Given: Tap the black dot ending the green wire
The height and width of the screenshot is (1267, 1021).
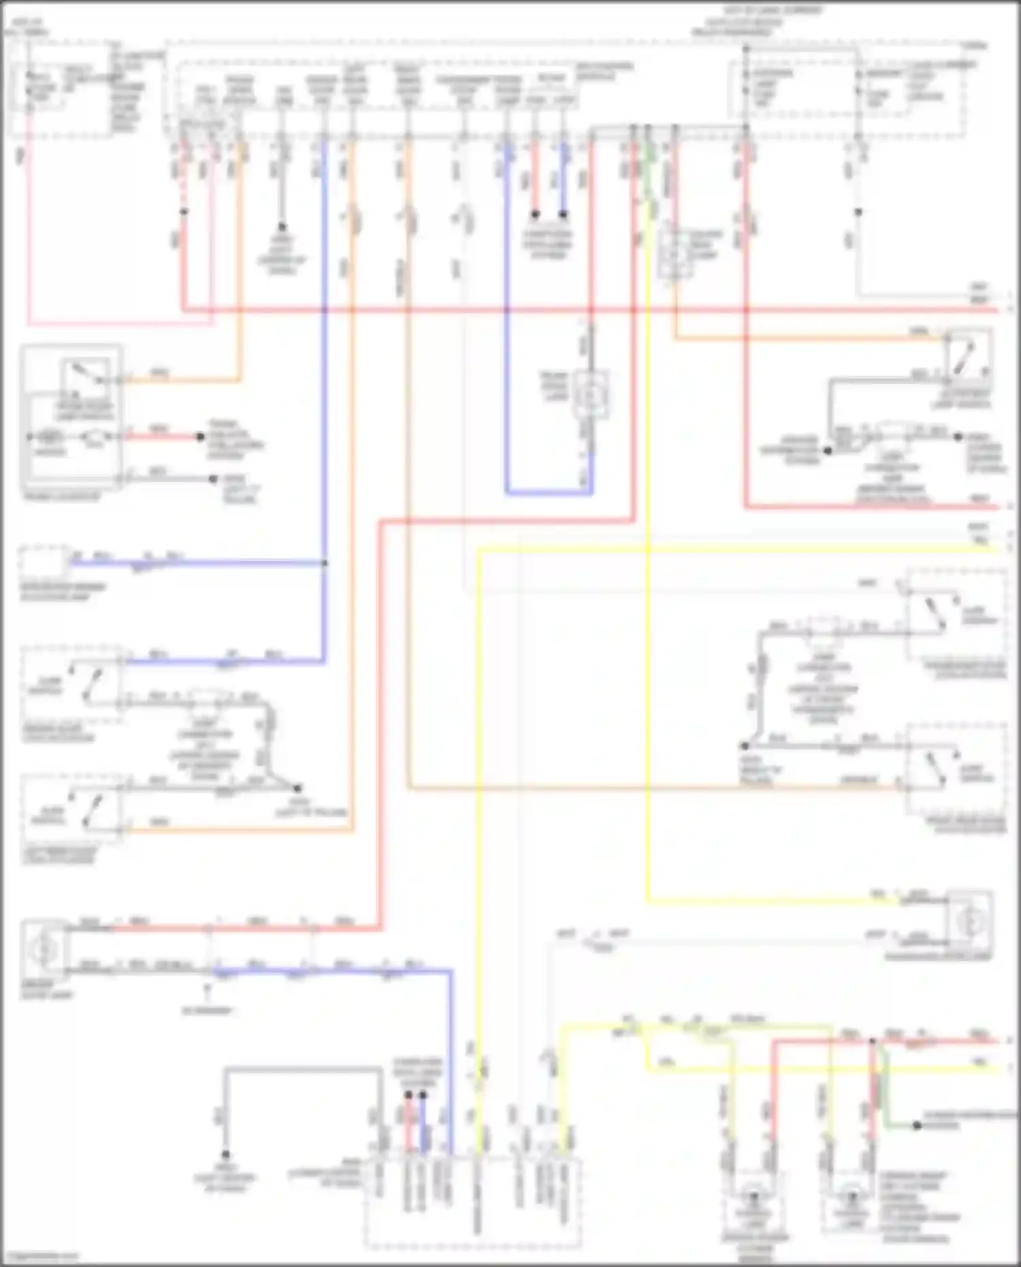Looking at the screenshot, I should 916,1125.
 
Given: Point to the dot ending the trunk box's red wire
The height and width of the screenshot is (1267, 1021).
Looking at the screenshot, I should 200,436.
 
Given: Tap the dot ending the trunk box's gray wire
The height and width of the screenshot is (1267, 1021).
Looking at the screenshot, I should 214,479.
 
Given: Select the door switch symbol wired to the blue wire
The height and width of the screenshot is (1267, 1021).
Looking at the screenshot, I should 88,684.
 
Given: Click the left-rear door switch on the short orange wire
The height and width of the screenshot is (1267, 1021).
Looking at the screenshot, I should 87,810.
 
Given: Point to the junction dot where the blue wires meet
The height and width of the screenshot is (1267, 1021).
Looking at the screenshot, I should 324,563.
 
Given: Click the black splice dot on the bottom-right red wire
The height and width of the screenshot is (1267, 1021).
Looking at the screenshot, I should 872,1041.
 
